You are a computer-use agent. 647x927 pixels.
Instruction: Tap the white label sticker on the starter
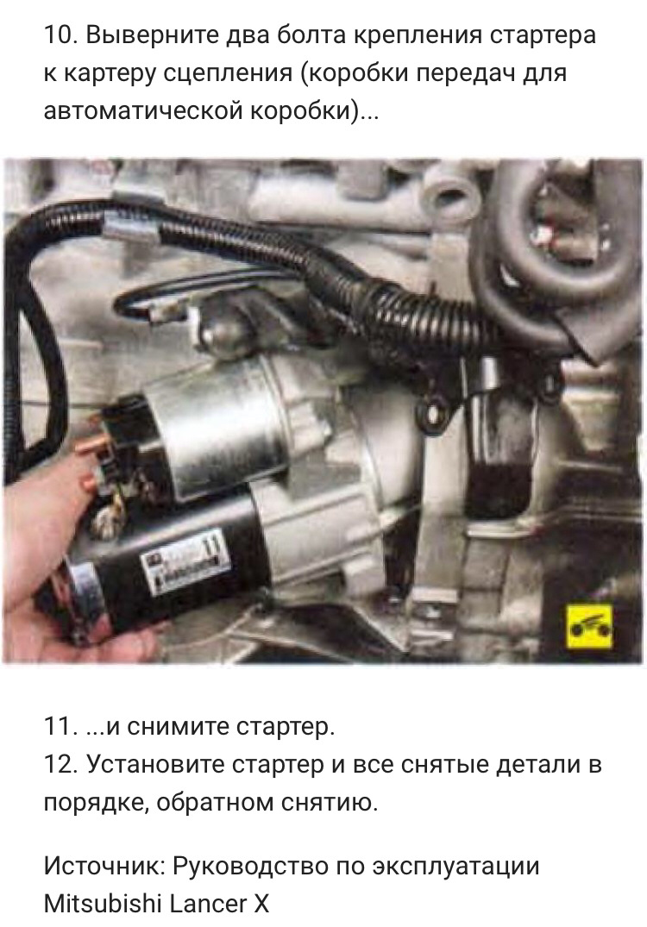pyautogui.click(x=184, y=563)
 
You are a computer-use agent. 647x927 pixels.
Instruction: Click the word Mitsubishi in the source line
pyautogui.click(x=103, y=904)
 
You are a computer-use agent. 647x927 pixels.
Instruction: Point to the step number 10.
pyautogui.click(x=60, y=36)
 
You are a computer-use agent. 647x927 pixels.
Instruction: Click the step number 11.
pyautogui.click(x=60, y=727)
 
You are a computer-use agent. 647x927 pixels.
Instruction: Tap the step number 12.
pyautogui.click(x=60, y=764)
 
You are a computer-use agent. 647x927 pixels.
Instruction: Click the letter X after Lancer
pyautogui.click(x=261, y=904)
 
